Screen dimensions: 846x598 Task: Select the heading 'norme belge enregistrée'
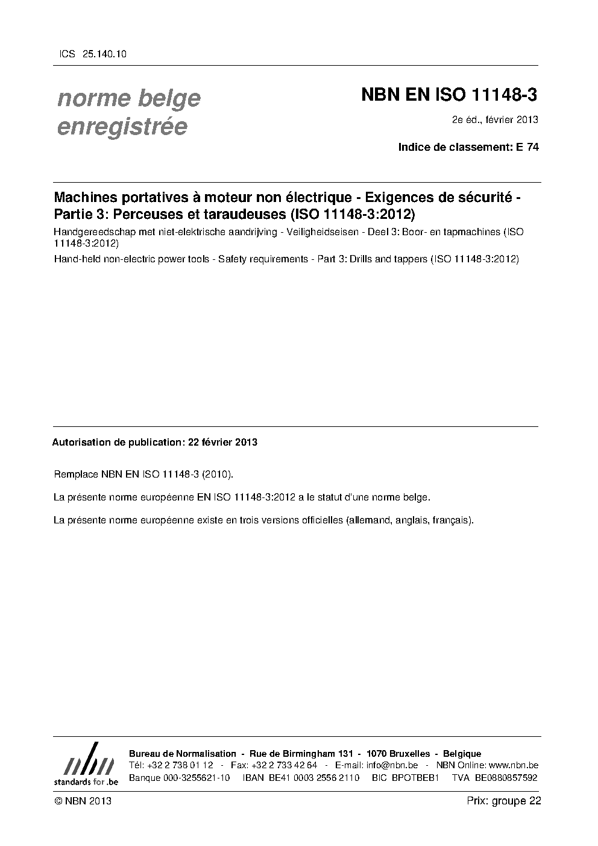pyautogui.click(x=128, y=112)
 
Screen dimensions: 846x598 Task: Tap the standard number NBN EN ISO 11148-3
pyautogui.click(x=449, y=95)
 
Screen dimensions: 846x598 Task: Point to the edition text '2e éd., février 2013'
pyautogui.click(x=495, y=119)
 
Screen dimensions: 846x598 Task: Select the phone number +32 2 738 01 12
pyautogui.click(x=180, y=765)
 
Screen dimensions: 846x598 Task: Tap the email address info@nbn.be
pyautogui.click(x=392, y=765)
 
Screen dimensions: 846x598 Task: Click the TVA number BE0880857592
pyautogui.click(x=506, y=778)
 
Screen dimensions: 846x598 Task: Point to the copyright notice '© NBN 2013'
pyautogui.click(x=82, y=801)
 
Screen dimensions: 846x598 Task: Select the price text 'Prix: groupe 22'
pyautogui.click(x=504, y=801)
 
